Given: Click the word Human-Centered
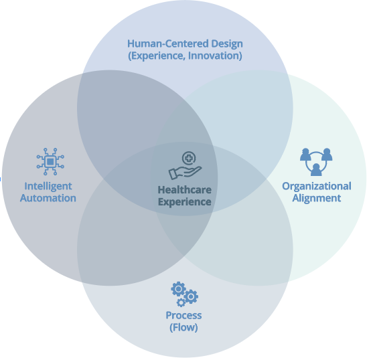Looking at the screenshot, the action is coord(168,43).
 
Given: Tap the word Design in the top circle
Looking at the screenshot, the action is coord(227,44).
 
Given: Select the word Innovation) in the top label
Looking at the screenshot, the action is coord(215,56).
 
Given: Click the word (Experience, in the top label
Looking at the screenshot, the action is coord(157,56).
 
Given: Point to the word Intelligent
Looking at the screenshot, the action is coord(48,186).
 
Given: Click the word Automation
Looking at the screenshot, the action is coord(48,198).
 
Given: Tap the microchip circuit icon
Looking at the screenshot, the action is coord(50,161).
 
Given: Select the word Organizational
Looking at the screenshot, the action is coord(317,186).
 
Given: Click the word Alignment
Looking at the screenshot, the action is coord(317,198).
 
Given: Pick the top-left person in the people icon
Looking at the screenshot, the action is coord(305,155).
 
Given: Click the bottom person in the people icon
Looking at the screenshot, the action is coord(316,170).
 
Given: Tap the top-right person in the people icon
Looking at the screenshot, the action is coord(327,155).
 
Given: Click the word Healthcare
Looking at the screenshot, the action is coord(185,190).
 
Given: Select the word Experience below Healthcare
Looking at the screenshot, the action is coord(185,202).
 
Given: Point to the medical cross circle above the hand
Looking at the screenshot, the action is coord(189,158).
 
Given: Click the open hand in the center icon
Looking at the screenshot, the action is coord(185,173).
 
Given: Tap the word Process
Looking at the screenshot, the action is coord(183,316).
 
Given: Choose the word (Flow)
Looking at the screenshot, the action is coord(183,327).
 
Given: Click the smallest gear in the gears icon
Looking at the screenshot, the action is coord(181,303).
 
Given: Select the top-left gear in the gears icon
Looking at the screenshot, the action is coord(178,289).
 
